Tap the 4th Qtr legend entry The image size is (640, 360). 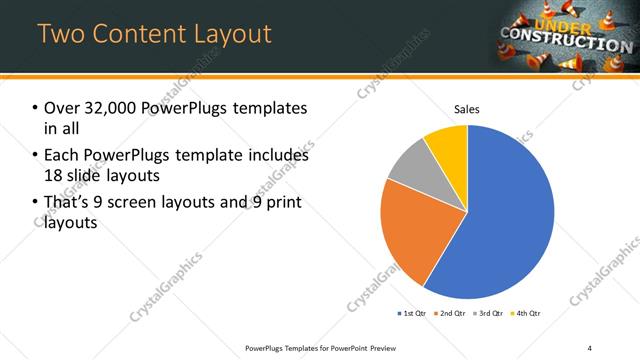(x=527, y=313)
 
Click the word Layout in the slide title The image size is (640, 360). (x=226, y=34)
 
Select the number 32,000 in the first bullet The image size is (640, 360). (x=107, y=108)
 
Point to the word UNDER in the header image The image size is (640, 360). (x=563, y=24)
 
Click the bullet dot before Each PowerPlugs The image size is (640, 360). (x=36, y=156)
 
